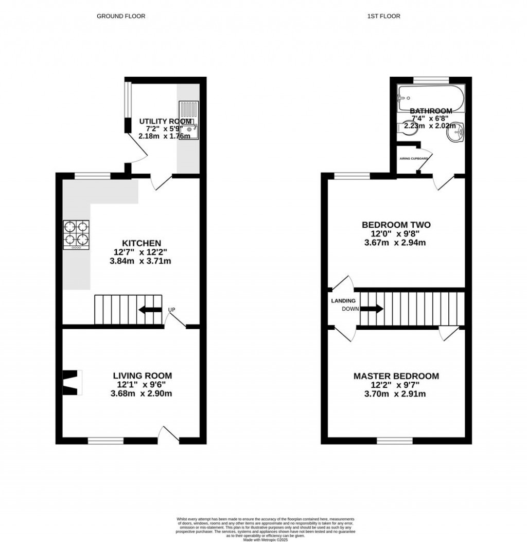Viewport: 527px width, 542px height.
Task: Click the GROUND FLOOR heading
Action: pyautogui.click(x=121, y=16)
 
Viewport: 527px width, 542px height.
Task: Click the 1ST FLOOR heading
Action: pyautogui.click(x=383, y=16)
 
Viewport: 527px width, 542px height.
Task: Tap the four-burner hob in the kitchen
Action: pyautogui.click(x=76, y=234)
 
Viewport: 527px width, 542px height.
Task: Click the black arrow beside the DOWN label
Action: pyautogui.click(x=372, y=309)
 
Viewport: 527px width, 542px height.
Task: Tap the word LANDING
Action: pyautogui.click(x=343, y=301)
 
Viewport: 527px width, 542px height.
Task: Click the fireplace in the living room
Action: pyautogui.click(x=72, y=382)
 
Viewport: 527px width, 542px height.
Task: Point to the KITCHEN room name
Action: pyautogui.click(x=142, y=243)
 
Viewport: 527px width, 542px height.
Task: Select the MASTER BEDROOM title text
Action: pyautogui.click(x=396, y=376)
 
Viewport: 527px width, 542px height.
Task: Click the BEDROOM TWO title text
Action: pyautogui.click(x=396, y=225)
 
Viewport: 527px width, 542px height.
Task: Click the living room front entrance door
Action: pyautogui.click(x=168, y=435)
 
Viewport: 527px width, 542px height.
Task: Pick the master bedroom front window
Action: pyautogui.click(x=395, y=441)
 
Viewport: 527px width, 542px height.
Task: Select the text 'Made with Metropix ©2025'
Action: pyautogui.click(x=263, y=539)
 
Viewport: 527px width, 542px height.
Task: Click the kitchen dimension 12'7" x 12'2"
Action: pyautogui.click(x=140, y=252)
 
